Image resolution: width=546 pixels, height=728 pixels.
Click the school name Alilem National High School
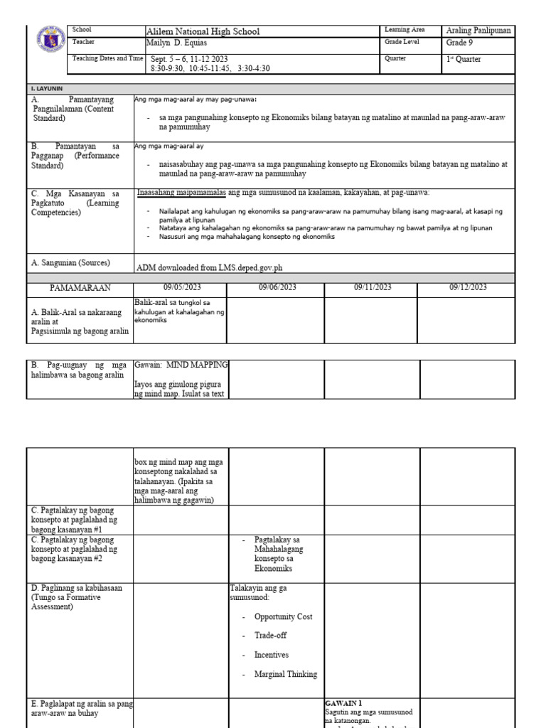click(x=203, y=31)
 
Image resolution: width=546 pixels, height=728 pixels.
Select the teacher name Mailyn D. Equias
click(x=183, y=43)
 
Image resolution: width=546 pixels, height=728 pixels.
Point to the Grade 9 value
click(x=461, y=43)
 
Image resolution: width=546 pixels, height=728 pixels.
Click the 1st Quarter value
click(x=463, y=60)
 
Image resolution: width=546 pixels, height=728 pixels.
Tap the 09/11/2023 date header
click(x=371, y=287)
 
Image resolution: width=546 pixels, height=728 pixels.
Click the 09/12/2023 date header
click(x=467, y=287)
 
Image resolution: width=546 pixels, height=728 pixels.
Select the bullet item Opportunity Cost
click(x=283, y=617)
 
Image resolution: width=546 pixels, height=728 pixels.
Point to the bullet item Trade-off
click(x=271, y=636)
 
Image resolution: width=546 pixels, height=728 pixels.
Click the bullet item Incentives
click(x=272, y=655)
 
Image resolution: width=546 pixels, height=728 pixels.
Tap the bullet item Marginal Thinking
click(x=286, y=674)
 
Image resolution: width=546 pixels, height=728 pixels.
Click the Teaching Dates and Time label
click(x=107, y=58)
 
